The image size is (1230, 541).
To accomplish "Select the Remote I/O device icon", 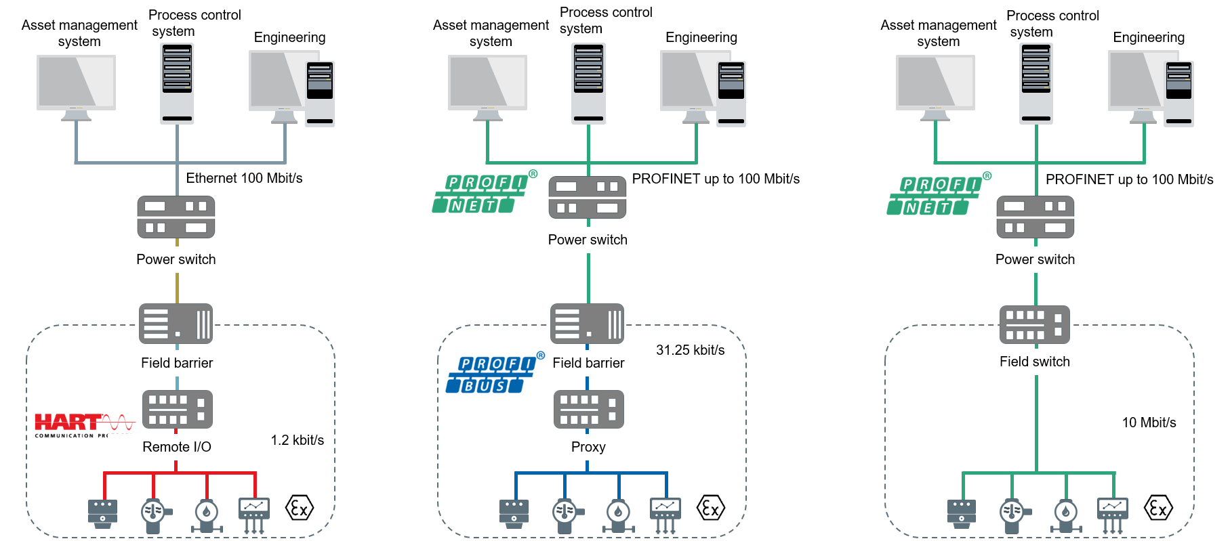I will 177,409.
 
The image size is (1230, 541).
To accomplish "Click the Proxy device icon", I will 588,409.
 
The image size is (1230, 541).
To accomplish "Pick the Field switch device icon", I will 1034,325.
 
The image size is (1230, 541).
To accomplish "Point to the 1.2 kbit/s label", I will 297,440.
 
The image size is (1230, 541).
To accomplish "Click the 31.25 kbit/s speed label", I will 690,350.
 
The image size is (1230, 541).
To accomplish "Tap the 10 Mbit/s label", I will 1149,423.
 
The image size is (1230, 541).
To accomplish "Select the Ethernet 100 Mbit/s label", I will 244,178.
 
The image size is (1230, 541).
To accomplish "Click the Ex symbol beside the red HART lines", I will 300,508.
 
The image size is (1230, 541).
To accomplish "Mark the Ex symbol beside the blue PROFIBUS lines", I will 710,508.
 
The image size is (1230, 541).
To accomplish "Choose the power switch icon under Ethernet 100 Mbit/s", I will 176,217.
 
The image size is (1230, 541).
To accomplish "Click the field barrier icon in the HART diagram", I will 176,324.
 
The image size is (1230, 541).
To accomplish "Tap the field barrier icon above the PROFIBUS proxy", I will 587,324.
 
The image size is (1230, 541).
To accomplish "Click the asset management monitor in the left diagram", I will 76,85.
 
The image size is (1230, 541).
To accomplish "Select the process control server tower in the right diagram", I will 1036,83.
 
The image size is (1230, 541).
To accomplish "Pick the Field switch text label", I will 1034,362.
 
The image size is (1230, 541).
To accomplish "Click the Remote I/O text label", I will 176,447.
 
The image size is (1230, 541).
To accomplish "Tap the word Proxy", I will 588,447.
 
